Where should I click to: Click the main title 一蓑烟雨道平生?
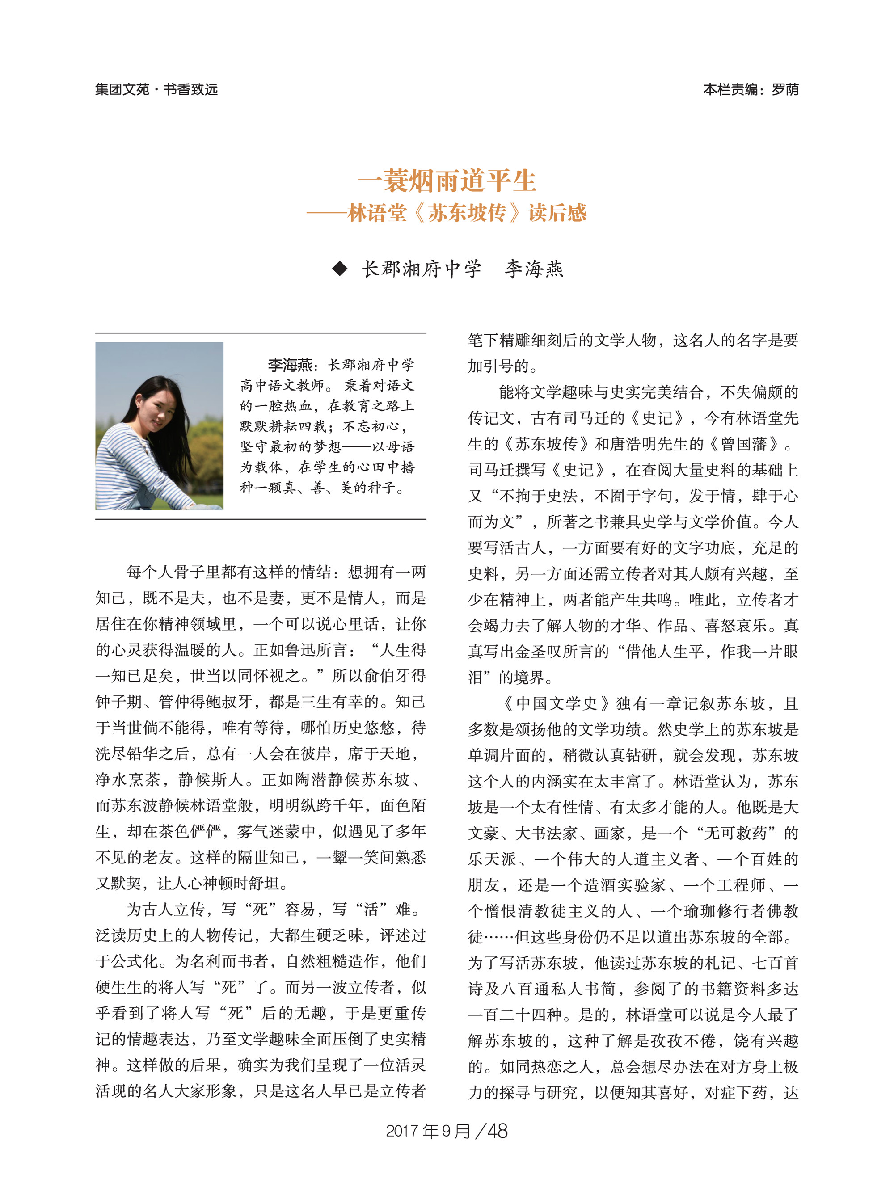tap(447, 181)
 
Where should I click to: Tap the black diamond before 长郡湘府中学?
tap(340, 269)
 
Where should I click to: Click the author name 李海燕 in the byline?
tap(534, 269)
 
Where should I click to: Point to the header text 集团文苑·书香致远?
tap(156, 89)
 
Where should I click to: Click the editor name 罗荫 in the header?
tap(785, 89)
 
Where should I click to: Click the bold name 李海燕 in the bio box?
tap(290, 365)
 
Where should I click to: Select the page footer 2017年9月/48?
tap(447, 1131)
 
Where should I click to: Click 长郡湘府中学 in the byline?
tap(421, 269)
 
